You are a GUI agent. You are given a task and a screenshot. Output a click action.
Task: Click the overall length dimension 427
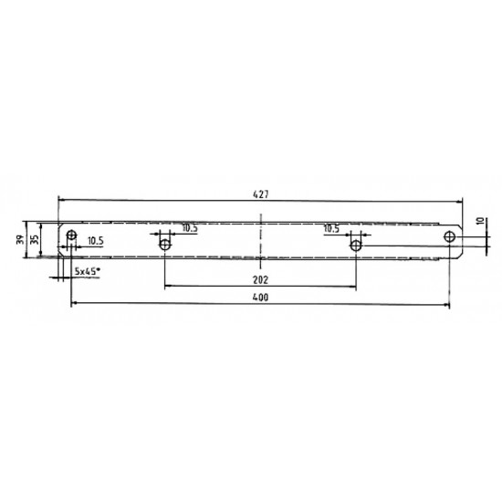260,192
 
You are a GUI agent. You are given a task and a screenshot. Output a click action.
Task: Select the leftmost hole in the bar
70,236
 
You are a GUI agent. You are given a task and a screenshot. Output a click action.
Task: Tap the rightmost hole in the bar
450,236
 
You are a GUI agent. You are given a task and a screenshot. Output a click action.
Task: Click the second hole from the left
165,245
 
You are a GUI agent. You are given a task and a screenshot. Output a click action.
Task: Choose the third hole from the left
358,245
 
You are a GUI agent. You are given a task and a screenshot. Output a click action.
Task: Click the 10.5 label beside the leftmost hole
96,241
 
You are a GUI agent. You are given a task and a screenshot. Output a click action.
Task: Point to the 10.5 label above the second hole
190,228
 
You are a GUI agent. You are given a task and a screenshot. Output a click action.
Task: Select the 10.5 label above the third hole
331,228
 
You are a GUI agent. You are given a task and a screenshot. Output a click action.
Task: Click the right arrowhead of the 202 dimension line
355,287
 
